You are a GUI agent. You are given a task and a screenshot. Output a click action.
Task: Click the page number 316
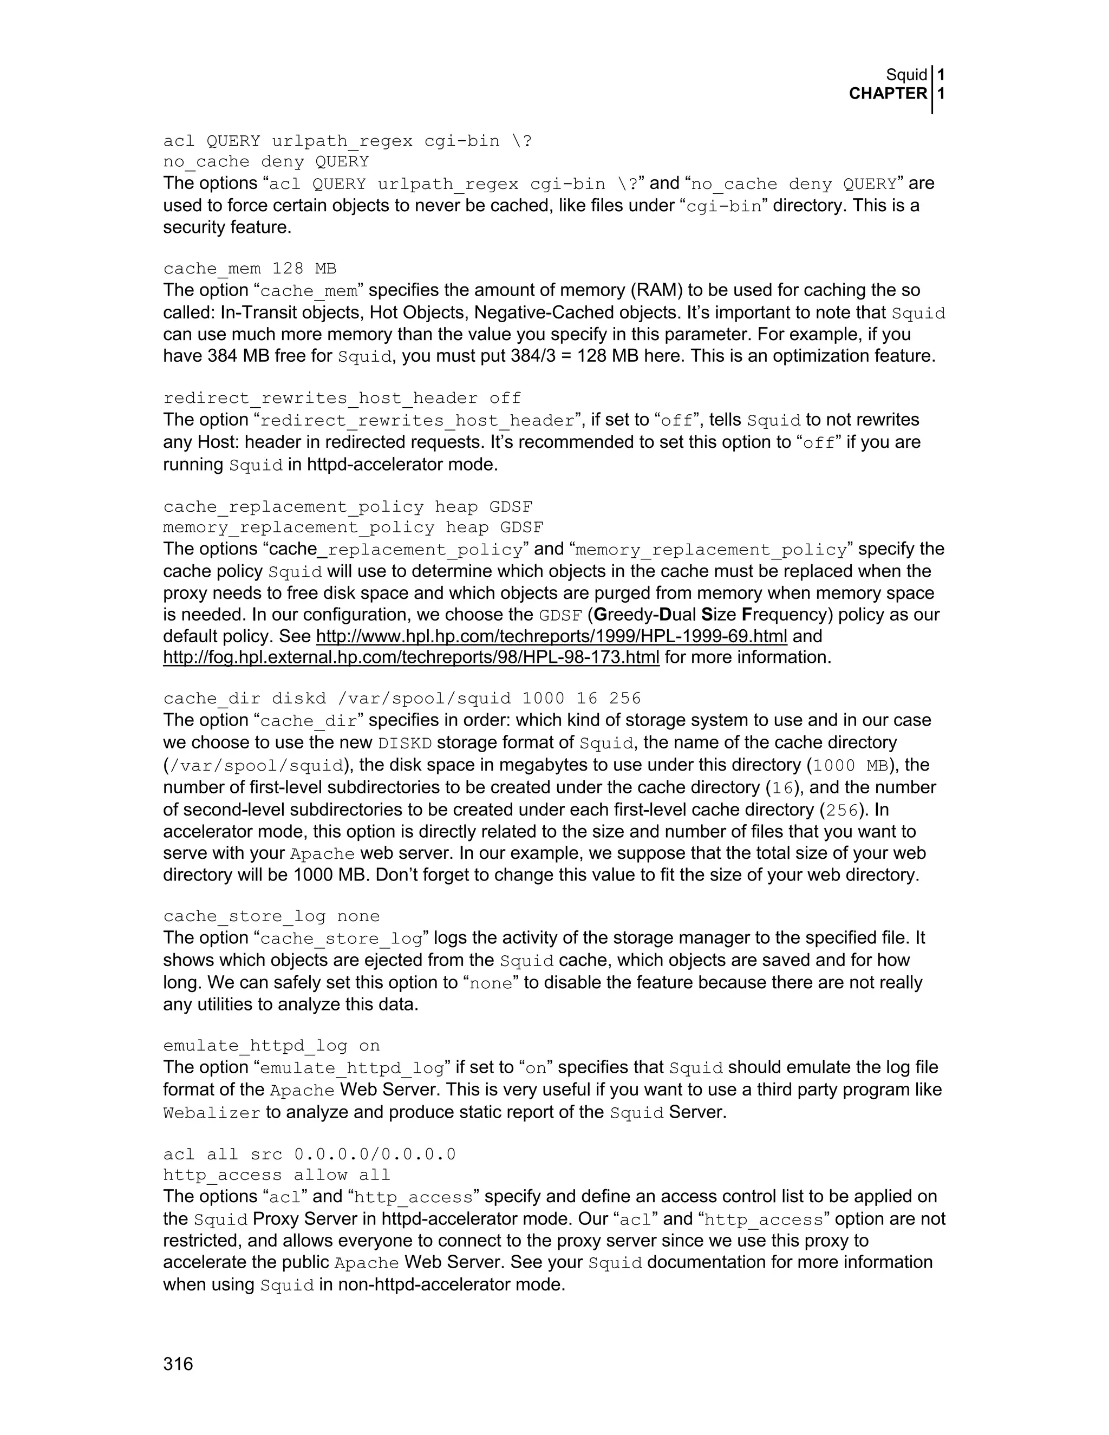pos(178,1364)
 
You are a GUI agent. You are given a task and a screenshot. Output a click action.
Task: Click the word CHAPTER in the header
pos(888,94)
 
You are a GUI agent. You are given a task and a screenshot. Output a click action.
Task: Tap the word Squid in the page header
pos(906,75)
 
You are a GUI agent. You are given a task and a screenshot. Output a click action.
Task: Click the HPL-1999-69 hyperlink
pos(551,636)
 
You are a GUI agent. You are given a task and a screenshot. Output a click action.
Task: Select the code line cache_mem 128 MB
pos(250,269)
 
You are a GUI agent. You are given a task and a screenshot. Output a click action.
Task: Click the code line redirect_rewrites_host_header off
pos(342,398)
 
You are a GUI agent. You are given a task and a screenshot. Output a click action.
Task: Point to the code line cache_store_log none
pos(271,916)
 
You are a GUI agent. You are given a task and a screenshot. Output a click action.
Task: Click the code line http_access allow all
pos(277,1175)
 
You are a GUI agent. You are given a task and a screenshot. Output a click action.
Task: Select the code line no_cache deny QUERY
pos(266,161)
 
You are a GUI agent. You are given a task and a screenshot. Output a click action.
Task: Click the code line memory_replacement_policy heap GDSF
pos(353,527)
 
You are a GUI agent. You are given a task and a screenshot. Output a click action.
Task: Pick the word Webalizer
pos(212,1113)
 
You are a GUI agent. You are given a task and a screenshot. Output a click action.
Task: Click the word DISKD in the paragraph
pos(405,743)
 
